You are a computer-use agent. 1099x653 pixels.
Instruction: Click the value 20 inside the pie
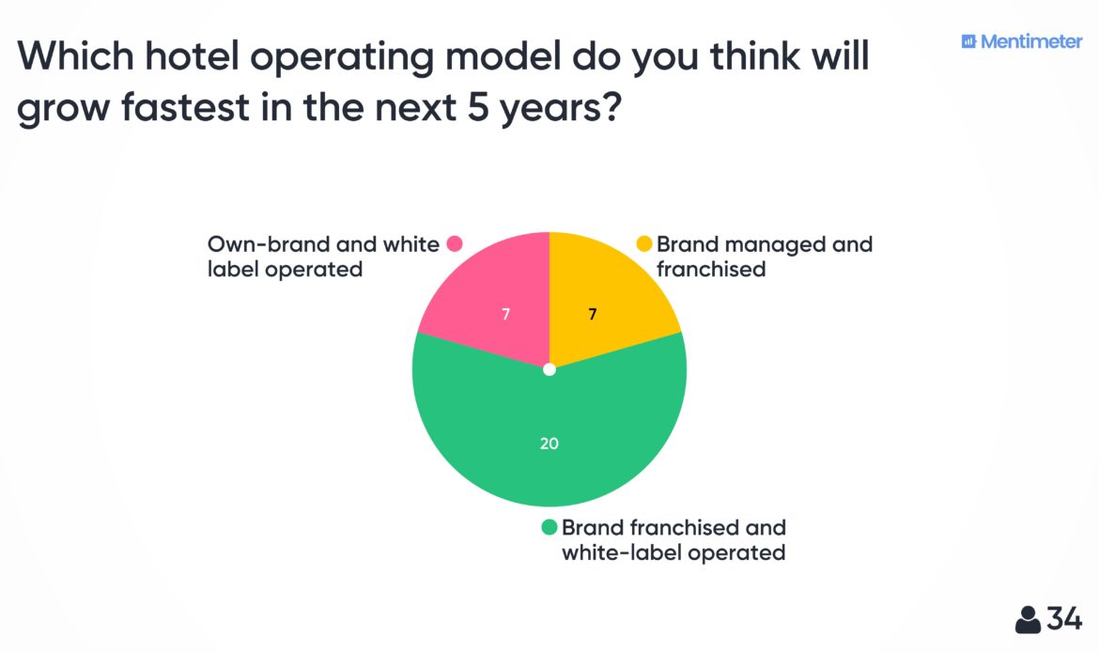(x=549, y=443)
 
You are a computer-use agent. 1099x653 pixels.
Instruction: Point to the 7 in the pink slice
(x=505, y=315)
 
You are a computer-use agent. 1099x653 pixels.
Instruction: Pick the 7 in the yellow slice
(x=593, y=315)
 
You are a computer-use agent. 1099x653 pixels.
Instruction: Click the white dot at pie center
(x=549, y=370)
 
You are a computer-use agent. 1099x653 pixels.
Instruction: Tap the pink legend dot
(x=455, y=244)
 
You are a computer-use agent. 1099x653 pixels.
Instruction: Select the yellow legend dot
(x=644, y=244)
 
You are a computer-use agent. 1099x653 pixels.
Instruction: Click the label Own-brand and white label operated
(x=322, y=257)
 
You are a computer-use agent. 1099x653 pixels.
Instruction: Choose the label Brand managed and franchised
(x=764, y=257)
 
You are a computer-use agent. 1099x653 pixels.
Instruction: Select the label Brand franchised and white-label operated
(x=673, y=539)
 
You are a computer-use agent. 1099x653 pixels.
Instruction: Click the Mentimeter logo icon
(x=968, y=41)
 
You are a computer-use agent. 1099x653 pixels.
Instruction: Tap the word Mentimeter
(x=1031, y=41)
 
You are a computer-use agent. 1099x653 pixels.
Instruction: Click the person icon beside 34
(x=1028, y=619)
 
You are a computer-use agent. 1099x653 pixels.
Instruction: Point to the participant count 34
(x=1064, y=619)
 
